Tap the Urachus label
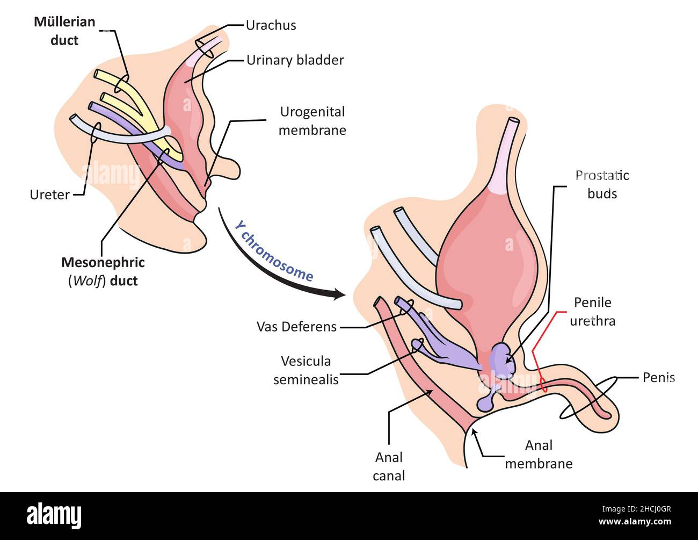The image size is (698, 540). [x=271, y=25]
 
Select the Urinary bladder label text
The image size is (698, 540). [x=295, y=60]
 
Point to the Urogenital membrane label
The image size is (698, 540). [x=312, y=121]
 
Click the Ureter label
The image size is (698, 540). [x=49, y=195]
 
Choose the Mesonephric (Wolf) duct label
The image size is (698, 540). [x=103, y=271]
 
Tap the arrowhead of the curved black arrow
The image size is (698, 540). [x=338, y=294]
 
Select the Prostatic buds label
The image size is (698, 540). [x=602, y=184]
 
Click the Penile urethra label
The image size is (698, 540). [x=592, y=312]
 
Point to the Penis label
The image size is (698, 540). [x=658, y=378]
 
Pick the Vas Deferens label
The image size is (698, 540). [x=296, y=327]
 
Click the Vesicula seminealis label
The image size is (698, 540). [x=306, y=370]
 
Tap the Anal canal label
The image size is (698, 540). [x=389, y=466]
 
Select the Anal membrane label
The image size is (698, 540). [x=539, y=454]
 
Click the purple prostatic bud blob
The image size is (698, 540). [x=503, y=360]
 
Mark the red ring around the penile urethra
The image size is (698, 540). [x=543, y=384]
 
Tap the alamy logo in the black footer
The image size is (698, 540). [x=54, y=515]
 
